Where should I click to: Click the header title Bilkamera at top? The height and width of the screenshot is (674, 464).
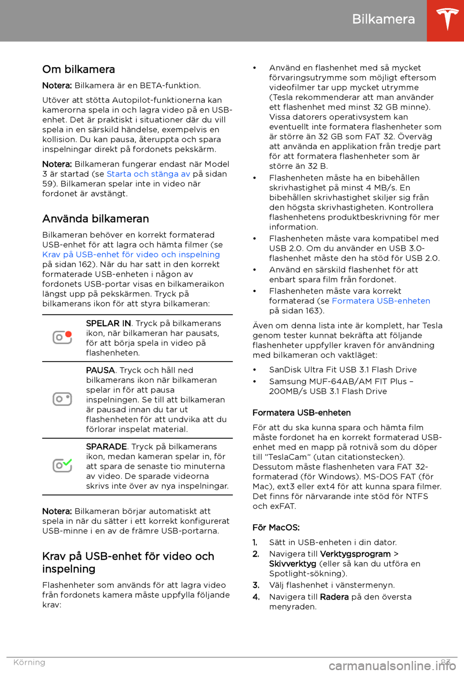tap(383, 19)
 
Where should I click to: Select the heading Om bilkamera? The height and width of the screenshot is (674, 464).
tap(78, 70)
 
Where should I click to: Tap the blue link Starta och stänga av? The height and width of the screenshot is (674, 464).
tap(148, 174)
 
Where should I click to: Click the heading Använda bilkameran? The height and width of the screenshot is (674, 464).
tap(96, 219)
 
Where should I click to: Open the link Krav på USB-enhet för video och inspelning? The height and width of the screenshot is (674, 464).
tap(131, 254)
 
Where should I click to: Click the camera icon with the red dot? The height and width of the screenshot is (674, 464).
tap(62, 337)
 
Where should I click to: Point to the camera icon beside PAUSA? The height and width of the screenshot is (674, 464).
tap(62, 399)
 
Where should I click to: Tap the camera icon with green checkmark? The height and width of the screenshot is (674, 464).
tap(62, 465)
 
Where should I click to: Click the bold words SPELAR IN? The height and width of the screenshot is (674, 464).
tap(108, 323)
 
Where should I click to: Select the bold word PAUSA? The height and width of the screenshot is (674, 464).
tap(101, 370)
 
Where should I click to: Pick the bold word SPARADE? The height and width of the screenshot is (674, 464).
tap(106, 447)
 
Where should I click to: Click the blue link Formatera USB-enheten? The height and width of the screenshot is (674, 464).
tap(381, 301)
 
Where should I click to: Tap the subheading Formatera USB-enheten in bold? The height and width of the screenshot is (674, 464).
tap(302, 413)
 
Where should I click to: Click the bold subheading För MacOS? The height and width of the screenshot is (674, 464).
tap(276, 528)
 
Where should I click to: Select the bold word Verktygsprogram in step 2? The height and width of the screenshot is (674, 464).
tap(355, 554)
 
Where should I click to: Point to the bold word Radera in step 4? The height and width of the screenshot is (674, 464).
tap(334, 597)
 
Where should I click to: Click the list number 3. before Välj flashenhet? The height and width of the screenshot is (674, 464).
tap(256, 585)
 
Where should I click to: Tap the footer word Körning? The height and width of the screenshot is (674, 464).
tap(29, 662)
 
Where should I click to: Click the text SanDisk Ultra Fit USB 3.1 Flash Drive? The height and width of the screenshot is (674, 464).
tap(343, 370)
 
